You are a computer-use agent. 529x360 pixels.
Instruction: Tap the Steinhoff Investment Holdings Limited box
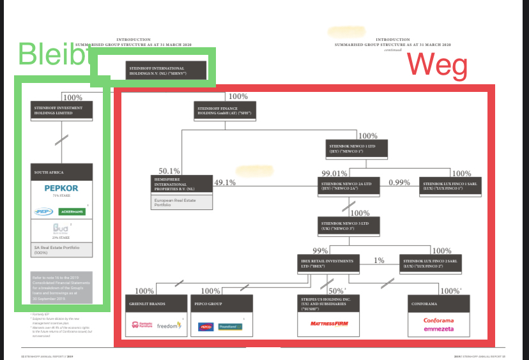[61, 110]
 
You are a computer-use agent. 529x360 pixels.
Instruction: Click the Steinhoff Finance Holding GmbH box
[226, 111]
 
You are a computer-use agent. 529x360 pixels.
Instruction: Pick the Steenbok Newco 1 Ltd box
[351, 148]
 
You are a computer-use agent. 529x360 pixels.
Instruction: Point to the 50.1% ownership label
[169, 170]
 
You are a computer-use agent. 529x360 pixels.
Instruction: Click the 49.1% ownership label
[225, 183]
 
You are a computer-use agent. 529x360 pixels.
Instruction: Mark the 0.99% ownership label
[399, 183]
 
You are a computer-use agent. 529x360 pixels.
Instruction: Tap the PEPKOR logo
[61, 189]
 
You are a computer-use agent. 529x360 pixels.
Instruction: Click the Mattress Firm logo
[330, 324]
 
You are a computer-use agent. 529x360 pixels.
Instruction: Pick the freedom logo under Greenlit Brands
[169, 326]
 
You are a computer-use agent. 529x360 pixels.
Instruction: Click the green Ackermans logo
[72, 211]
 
